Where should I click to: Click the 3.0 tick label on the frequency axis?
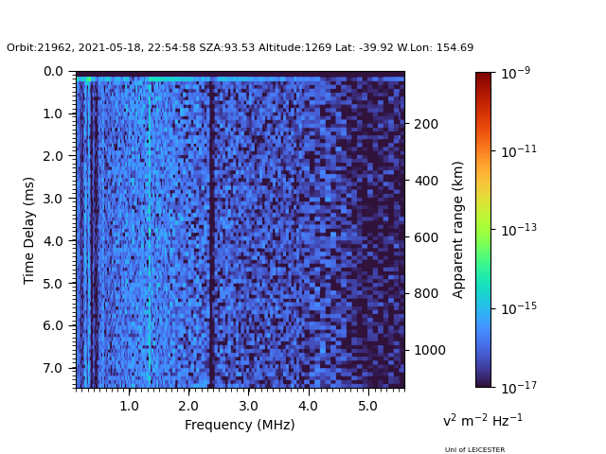tap(247, 405)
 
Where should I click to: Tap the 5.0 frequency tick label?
tap(366, 405)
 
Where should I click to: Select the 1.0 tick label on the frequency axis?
tap(129, 405)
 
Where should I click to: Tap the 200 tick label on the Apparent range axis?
tap(425, 124)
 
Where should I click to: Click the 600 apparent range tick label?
tap(425, 237)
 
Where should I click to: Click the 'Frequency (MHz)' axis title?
tap(240, 425)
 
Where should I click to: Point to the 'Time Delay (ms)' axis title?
tap(29, 230)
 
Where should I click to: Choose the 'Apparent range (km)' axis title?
tap(458, 230)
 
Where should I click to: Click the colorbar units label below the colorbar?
tap(483, 420)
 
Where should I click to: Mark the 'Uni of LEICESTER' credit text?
tap(474, 450)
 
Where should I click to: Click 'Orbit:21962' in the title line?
tap(37, 48)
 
